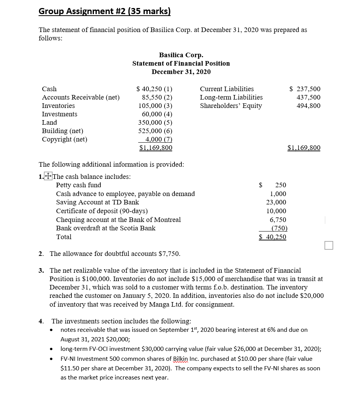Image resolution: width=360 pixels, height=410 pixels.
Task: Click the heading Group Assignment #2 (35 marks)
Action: [x=104, y=11]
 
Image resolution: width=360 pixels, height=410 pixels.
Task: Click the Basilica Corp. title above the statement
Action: [x=181, y=55]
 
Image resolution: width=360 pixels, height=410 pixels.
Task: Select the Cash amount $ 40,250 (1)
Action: [x=154, y=89]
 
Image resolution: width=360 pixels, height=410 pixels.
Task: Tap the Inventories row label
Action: [x=58, y=106]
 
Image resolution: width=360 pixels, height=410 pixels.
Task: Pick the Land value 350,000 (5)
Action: [x=155, y=122]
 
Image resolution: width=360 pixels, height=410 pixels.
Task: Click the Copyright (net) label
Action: [x=65, y=139]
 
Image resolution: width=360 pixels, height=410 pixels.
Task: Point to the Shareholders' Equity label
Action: [x=231, y=106]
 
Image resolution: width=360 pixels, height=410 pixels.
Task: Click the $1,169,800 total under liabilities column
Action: [x=304, y=148]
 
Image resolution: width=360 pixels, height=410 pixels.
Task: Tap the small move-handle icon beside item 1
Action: [x=48, y=176]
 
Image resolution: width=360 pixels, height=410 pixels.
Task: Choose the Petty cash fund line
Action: [x=79, y=185]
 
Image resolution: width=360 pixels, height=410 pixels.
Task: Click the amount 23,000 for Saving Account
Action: [x=276, y=202]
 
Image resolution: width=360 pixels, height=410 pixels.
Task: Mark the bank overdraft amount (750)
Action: [x=279, y=228]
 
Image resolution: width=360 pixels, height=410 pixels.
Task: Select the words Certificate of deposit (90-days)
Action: [x=102, y=211]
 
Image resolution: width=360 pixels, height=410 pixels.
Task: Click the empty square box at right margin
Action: [x=329, y=245]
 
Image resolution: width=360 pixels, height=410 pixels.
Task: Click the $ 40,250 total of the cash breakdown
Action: [x=273, y=237]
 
